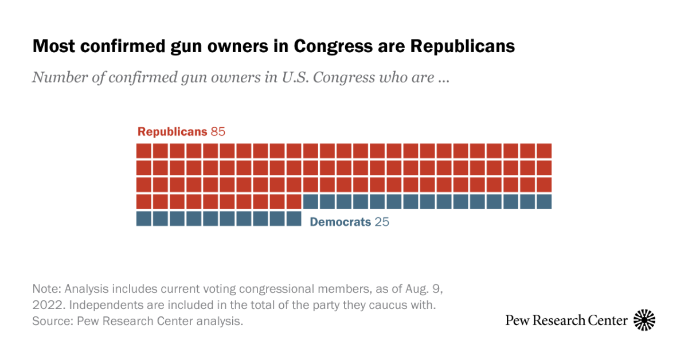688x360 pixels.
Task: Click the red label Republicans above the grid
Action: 172,132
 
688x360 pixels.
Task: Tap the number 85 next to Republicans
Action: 218,132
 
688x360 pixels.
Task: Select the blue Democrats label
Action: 340,222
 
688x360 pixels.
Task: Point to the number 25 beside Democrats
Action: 382,222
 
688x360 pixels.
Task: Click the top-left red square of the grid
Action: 144,151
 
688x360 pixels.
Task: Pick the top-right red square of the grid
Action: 544,151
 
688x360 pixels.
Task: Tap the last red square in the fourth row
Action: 294,201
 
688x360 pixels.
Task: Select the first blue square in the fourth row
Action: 311,201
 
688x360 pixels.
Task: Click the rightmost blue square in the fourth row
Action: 544,201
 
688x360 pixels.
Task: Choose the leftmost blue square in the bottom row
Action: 144,218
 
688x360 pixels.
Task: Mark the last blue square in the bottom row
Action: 294,218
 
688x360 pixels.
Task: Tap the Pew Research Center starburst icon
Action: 644,320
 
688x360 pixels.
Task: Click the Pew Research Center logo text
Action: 566,320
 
